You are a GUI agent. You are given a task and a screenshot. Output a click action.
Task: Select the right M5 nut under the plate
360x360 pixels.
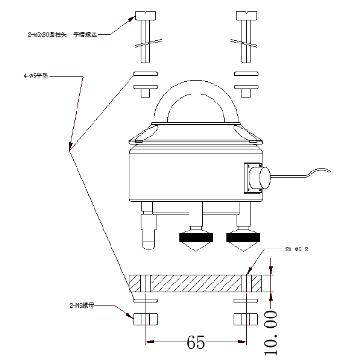(x=244, y=319)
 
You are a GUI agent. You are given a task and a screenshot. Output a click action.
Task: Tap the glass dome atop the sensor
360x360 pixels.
(x=196, y=102)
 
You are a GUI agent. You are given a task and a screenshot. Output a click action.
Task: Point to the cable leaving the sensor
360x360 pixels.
(x=302, y=174)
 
